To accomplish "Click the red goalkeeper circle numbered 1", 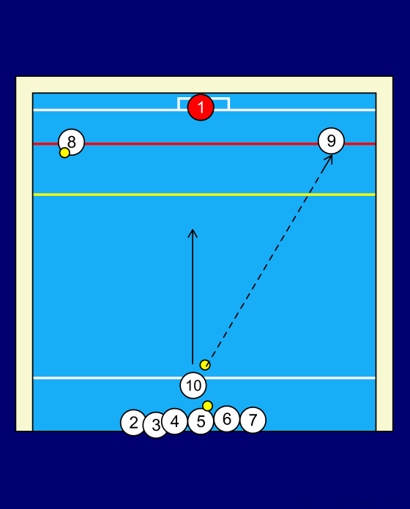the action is pyautogui.click(x=201, y=108).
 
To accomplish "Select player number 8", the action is pyautogui.click(x=72, y=142).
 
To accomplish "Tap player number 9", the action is pyautogui.click(x=331, y=141).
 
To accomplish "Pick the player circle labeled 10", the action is pyautogui.click(x=193, y=385).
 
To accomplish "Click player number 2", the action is pyautogui.click(x=133, y=423).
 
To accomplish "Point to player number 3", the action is pyautogui.click(x=156, y=425).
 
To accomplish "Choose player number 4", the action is pyautogui.click(x=175, y=421).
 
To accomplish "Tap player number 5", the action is pyautogui.click(x=201, y=421).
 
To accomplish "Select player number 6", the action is pyautogui.click(x=227, y=419).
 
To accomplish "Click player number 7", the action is pyautogui.click(x=253, y=420).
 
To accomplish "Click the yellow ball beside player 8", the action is pyautogui.click(x=64, y=153).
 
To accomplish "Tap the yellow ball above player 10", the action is pyautogui.click(x=205, y=365).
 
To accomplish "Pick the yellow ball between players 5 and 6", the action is pyautogui.click(x=208, y=406).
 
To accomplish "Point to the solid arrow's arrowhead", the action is pyautogui.click(x=193, y=230).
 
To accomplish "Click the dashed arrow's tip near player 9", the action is pyautogui.click(x=332, y=155).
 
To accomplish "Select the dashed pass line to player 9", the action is pyautogui.click(x=269, y=260).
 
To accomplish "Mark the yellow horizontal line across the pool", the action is pyautogui.click(x=204, y=195).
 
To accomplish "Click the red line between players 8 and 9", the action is pyautogui.click(x=201, y=143).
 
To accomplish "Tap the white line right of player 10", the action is pyautogui.click(x=291, y=378).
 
